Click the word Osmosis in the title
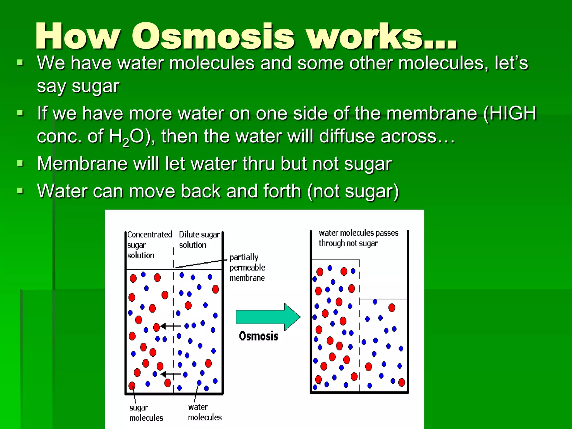click(x=213, y=36)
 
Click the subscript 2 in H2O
click(x=126, y=143)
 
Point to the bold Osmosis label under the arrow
click(x=258, y=336)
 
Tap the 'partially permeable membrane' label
click(x=247, y=267)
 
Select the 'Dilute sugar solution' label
click(x=199, y=240)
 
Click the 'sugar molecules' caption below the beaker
click(x=146, y=413)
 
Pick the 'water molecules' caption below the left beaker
click(x=204, y=412)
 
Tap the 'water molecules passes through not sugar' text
click(x=358, y=238)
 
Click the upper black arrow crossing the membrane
click(x=171, y=326)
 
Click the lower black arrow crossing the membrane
click(x=171, y=374)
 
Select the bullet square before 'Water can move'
click(x=20, y=191)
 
